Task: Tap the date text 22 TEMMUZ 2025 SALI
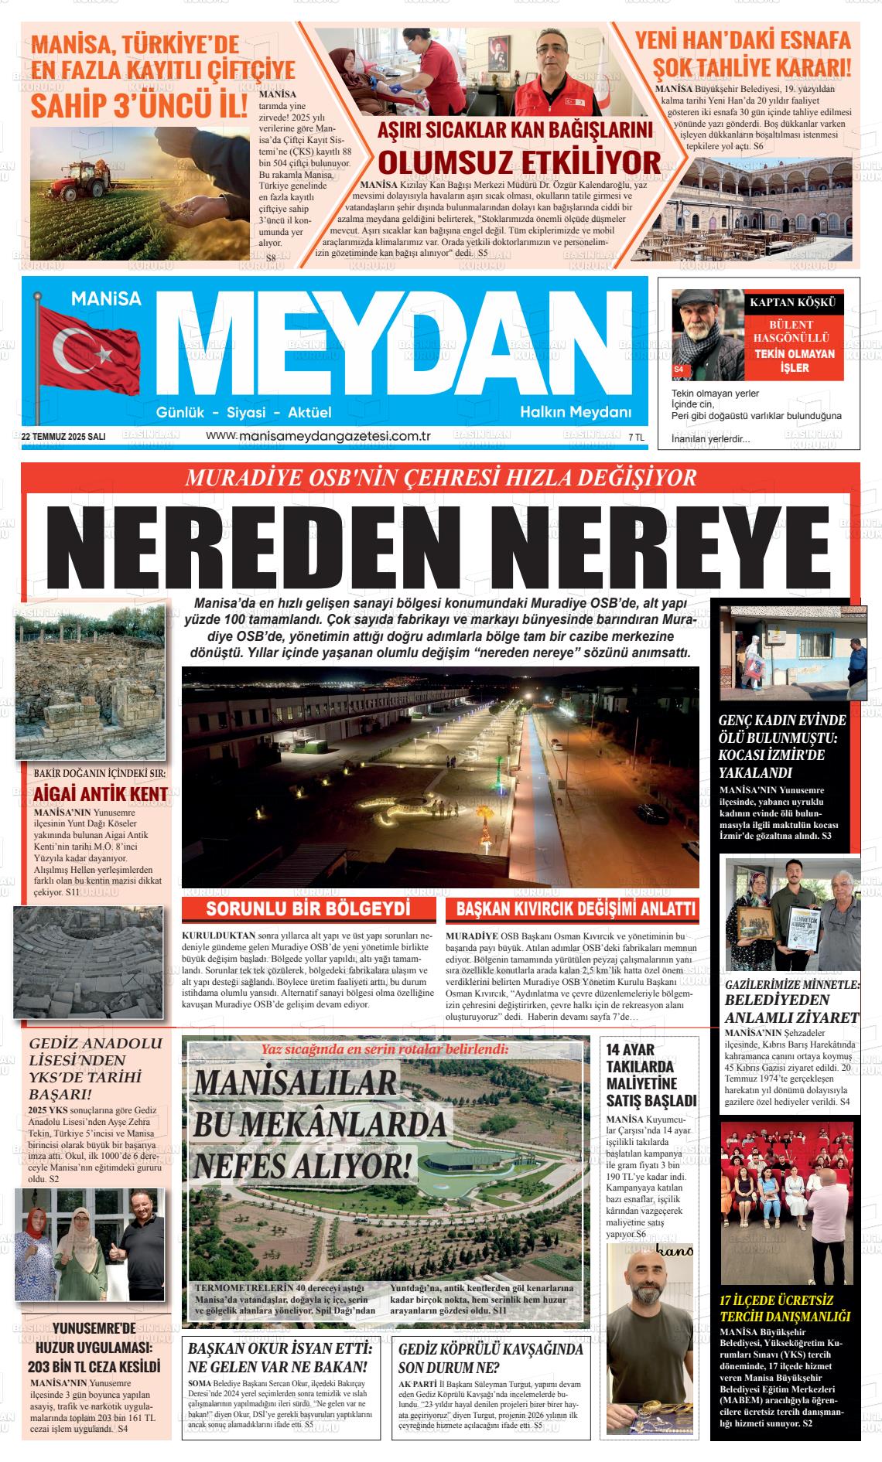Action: pyautogui.click(x=63, y=437)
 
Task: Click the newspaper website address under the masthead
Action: pyautogui.click(x=318, y=436)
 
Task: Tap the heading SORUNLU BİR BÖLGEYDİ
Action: pyautogui.click(x=308, y=908)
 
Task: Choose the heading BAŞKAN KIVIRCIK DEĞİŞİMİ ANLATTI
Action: pyautogui.click(x=575, y=909)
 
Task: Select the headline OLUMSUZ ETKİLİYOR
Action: pyautogui.click(x=519, y=162)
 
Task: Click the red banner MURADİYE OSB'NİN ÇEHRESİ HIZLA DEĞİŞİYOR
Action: pyautogui.click(x=440, y=477)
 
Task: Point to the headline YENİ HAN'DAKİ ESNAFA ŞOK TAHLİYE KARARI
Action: pyautogui.click(x=742, y=52)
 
